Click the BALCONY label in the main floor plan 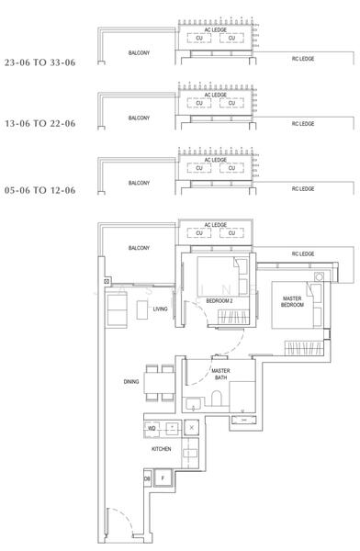tap(139, 248)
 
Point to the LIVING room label tap(161, 309)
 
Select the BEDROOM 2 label tap(218, 301)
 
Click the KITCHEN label tap(162, 449)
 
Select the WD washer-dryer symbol tap(152, 428)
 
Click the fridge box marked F tap(163, 478)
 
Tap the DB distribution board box tap(147, 478)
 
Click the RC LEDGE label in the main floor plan tap(302, 253)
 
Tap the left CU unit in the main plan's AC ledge tap(200, 233)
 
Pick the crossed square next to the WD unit tap(191, 428)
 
